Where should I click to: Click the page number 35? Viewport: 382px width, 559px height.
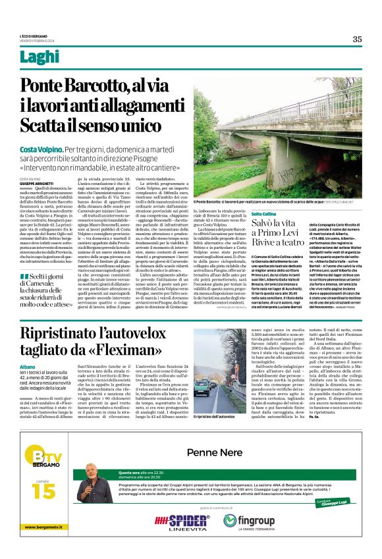coord(356,39)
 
